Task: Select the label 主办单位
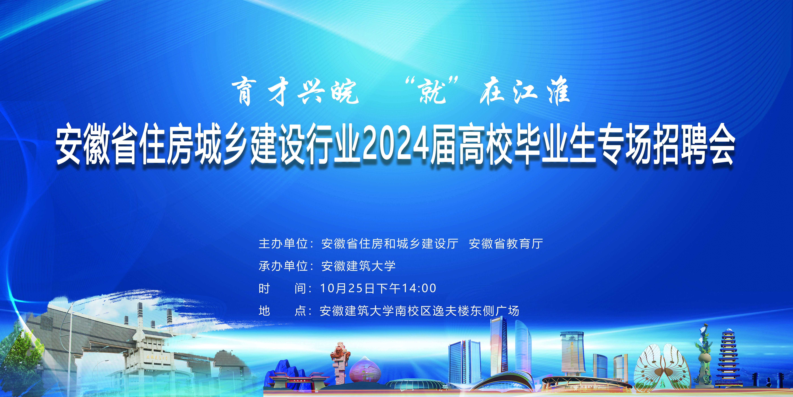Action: (283, 243)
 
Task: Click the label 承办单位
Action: (283, 266)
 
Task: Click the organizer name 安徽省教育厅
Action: (506, 243)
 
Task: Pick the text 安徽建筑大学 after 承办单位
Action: (358, 266)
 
